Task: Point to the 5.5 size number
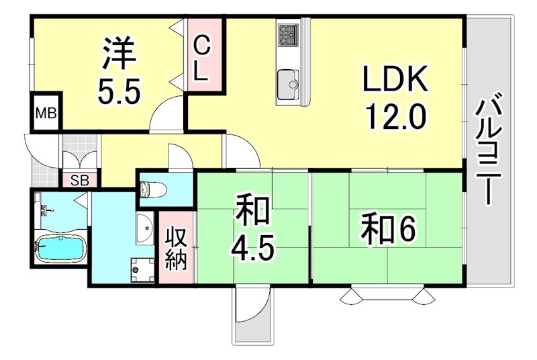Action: (x=119, y=92)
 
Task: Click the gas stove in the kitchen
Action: (x=289, y=34)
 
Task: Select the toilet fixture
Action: (x=153, y=190)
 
